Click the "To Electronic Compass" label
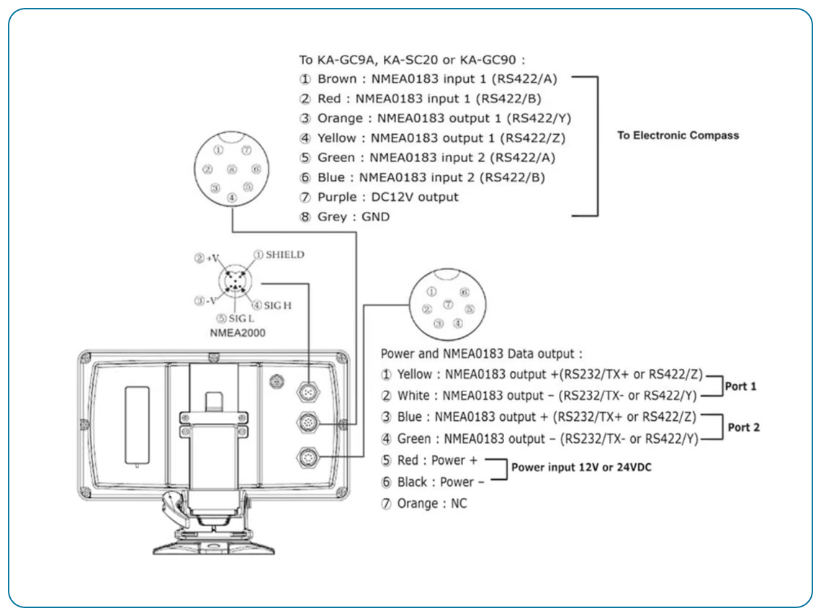(x=678, y=135)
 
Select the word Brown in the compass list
(x=336, y=79)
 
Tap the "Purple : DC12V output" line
(x=387, y=197)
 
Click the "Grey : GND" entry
(x=354, y=216)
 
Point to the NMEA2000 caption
(x=238, y=333)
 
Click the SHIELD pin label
(x=285, y=254)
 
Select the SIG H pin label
(x=277, y=305)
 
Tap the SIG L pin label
(x=241, y=318)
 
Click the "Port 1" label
(x=740, y=386)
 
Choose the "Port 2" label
(x=743, y=427)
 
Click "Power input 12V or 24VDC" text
(x=581, y=468)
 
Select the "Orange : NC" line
(x=432, y=504)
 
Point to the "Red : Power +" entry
(x=437, y=460)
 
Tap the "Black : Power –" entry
(x=440, y=482)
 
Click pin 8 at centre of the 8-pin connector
(x=231, y=169)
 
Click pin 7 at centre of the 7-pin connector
(x=448, y=304)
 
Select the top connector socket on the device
(x=308, y=392)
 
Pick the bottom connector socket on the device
(x=308, y=458)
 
